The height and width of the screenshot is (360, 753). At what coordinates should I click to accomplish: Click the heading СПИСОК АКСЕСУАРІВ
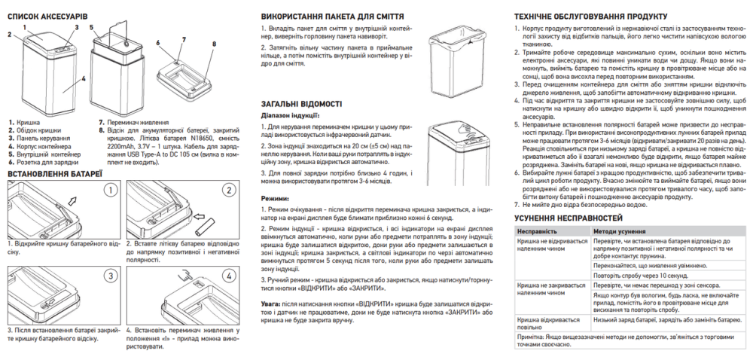pyautogui.click(x=47, y=15)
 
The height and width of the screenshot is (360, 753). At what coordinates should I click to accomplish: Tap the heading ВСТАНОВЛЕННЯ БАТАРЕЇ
pyautogui.click(x=54, y=174)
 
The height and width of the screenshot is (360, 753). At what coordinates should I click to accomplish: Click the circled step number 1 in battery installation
pyautogui.click(x=110, y=190)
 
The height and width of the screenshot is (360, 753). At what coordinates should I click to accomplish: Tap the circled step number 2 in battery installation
pyautogui.click(x=227, y=190)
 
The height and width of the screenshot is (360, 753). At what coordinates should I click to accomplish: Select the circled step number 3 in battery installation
pyautogui.click(x=110, y=274)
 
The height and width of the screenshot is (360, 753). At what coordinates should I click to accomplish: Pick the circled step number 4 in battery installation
pyautogui.click(x=227, y=274)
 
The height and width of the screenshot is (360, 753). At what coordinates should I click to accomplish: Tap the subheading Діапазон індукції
pyautogui.click(x=290, y=116)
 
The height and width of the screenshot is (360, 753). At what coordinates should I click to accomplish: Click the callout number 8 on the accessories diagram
pyautogui.click(x=214, y=44)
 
